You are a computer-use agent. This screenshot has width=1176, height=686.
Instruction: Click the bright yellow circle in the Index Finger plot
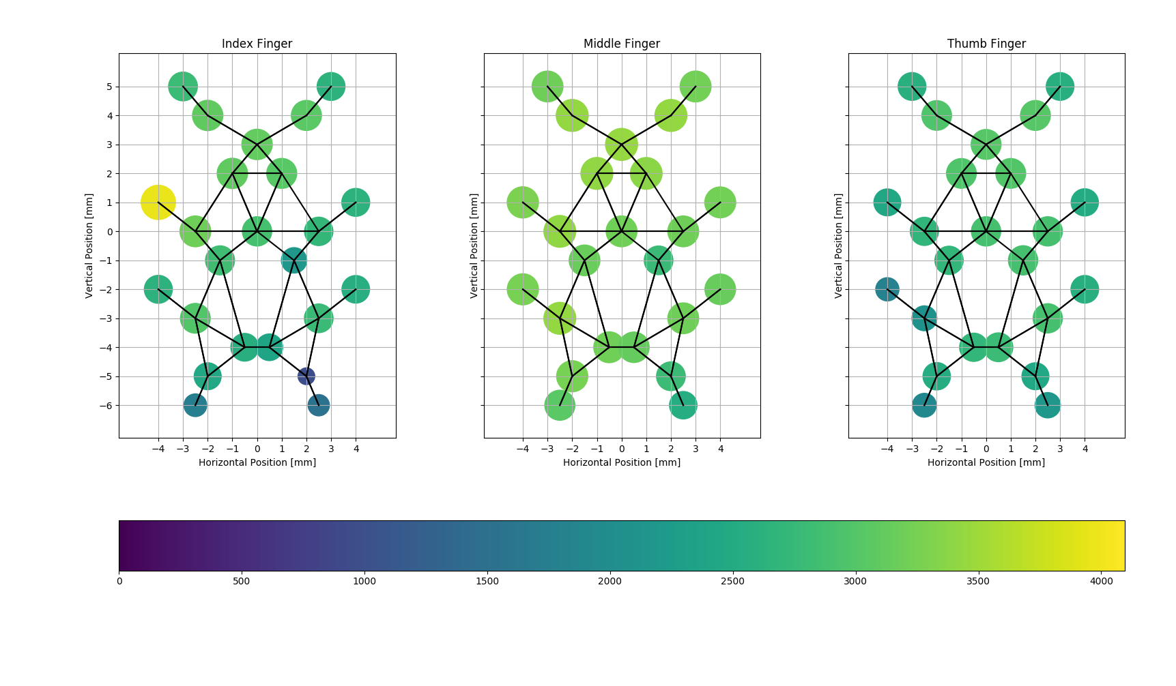tap(158, 203)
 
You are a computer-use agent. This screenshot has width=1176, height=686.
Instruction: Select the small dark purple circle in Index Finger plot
tap(306, 376)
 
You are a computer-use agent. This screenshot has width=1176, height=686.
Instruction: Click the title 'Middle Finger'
tap(621, 44)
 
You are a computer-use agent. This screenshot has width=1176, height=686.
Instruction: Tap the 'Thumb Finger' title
tap(986, 44)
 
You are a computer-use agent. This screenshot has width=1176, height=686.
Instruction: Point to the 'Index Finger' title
tap(257, 44)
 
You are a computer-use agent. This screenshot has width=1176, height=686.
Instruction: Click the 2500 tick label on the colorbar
tap(732, 582)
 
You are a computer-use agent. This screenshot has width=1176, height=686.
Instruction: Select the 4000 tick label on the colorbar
tap(1101, 582)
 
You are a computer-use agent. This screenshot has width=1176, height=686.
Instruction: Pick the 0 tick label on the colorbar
tap(119, 582)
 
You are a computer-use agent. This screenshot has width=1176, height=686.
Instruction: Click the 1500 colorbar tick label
tap(487, 582)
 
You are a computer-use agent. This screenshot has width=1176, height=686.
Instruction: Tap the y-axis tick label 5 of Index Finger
tap(109, 87)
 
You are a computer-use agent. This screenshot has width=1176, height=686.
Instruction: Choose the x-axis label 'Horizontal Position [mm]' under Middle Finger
tap(621, 462)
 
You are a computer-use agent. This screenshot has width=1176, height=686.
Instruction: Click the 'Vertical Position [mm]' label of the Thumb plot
tap(839, 245)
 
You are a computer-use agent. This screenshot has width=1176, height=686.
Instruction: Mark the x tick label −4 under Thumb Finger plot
tap(887, 449)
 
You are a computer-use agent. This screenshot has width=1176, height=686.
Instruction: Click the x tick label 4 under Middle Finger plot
tap(720, 449)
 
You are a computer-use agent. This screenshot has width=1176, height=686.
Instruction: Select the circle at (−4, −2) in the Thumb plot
tap(887, 289)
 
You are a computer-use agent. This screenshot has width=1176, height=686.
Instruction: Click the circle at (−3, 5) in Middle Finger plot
tap(547, 87)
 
